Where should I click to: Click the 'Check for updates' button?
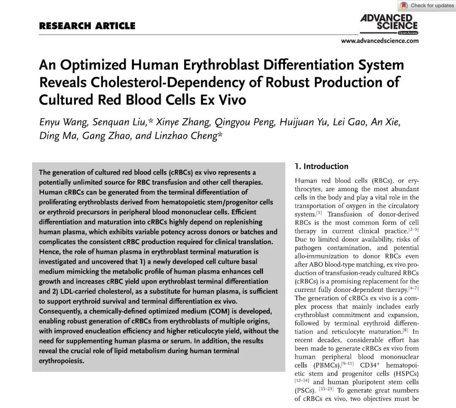point(426,5)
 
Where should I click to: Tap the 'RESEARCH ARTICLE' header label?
point(87,26)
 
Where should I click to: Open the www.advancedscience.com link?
point(380,41)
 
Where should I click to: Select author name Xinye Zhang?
point(183,123)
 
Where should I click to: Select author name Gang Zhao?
point(107,137)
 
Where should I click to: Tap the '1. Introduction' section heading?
point(322,166)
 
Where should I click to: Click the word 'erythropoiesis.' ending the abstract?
point(61,361)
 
